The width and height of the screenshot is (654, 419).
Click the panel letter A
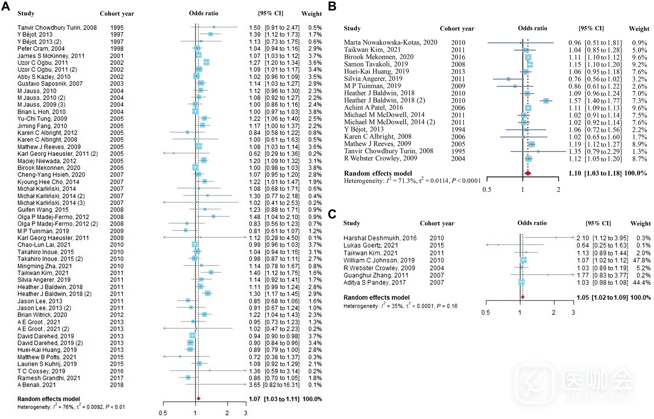6,6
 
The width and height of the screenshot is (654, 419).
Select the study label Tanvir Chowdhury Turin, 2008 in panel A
57,28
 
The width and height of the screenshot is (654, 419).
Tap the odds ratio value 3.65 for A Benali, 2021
254,385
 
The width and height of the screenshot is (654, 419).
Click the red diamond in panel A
199,398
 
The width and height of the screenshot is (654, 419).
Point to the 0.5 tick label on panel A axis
163,413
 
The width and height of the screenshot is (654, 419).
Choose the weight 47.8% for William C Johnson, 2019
641,260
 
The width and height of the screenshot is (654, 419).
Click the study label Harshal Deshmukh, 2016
380,238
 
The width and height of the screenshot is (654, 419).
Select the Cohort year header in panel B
457,29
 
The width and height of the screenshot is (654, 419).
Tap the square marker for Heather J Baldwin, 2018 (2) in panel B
546,101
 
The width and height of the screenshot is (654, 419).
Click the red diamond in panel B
528,173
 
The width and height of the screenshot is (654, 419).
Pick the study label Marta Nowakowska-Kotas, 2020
390,42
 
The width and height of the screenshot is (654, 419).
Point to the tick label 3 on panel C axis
573,312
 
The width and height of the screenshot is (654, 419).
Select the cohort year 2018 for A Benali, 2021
117,385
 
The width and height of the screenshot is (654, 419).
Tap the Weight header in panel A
311,14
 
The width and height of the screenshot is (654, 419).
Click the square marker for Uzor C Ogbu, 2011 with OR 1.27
206,62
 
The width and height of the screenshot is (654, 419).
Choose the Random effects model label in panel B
378,173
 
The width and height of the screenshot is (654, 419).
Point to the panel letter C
332,214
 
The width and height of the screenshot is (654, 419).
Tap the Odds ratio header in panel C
532,223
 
